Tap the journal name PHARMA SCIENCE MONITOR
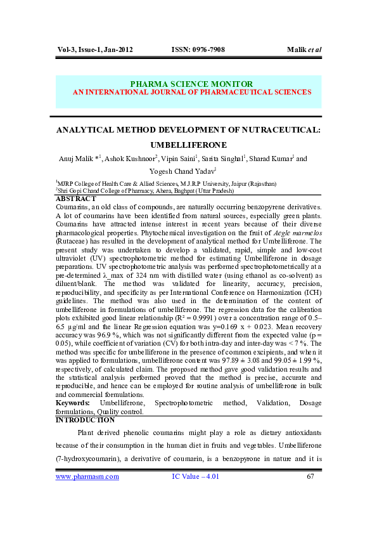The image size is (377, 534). pos(191,84)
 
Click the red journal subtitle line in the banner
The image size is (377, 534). pos(192,92)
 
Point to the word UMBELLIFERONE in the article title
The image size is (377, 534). pos(191,145)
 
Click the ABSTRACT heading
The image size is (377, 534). pos(76,198)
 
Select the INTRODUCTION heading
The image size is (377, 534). pos(85,420)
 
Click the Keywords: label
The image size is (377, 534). pos(72,403)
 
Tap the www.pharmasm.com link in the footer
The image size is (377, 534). pos(87,476)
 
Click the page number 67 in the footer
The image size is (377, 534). pos(310,476)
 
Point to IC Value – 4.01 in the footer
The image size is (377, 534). pos(196,476)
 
